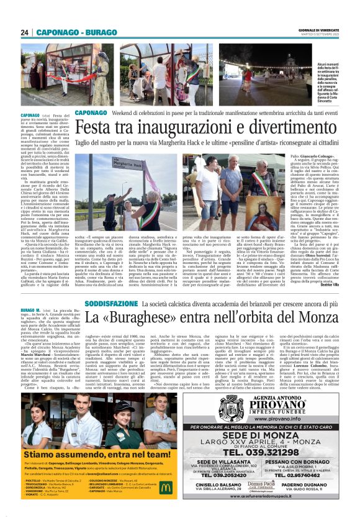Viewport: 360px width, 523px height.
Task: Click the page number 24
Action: pyautogui.click(x=25, y=32)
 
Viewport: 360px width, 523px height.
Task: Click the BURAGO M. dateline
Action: pyautogui.click(x=14, y=309)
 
